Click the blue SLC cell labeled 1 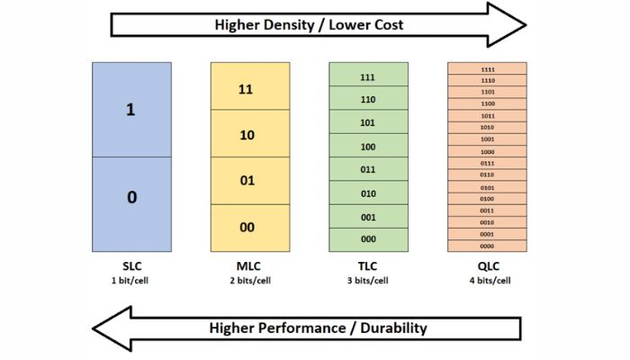[x=131, y=110]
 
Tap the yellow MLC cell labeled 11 [x=247, y=88]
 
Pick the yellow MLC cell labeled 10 [x=247, y=135]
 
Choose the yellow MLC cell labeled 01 [x=247, y=182]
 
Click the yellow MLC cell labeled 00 [x=247, y=228]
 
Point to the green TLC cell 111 [x=367, y=76]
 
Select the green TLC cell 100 [x=367, y=147]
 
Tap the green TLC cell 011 [x=367, y=170]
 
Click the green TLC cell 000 [x=367, y=239]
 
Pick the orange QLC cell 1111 [x=487, y=69]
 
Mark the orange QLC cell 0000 [x=487, y=246]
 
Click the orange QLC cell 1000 [x=487, y=151]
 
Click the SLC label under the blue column [x=131, y=267]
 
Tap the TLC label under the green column [x=367, y=267]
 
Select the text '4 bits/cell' [x=487, y=280]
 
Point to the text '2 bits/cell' [x=247, y=280]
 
